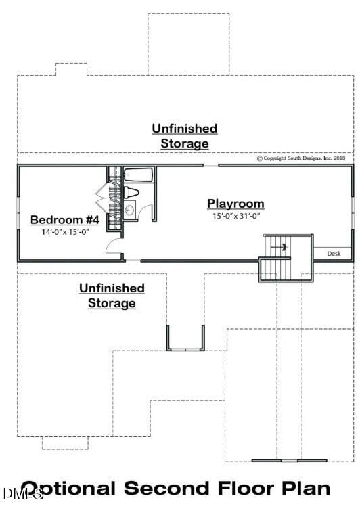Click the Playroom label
[235, 203]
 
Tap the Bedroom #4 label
[65, 220]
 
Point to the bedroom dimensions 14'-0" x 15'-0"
[65, 231]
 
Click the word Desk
[334, 254]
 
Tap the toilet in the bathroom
[132, 194]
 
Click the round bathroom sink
[130, 209]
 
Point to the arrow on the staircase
[284, 247]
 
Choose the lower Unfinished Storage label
[112, 296]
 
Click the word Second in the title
[169, 489]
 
